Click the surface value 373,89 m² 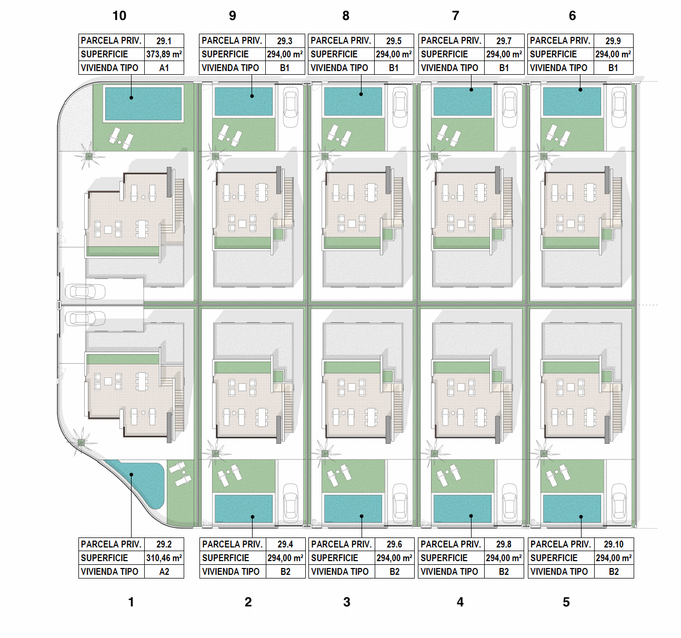164,54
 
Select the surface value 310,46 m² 164,558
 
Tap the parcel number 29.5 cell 394,41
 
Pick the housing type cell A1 164,68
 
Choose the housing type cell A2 164,572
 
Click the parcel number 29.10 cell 614,544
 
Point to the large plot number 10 119,16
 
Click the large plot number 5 566,602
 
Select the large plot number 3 347,602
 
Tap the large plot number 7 455,16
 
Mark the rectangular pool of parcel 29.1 143,104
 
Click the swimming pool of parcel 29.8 463,509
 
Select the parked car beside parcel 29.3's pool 291,107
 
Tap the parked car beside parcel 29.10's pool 619,504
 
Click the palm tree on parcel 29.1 89,156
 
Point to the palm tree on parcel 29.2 81,443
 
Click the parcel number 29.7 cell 504,41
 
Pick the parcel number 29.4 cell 285,544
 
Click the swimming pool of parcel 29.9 572,102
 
